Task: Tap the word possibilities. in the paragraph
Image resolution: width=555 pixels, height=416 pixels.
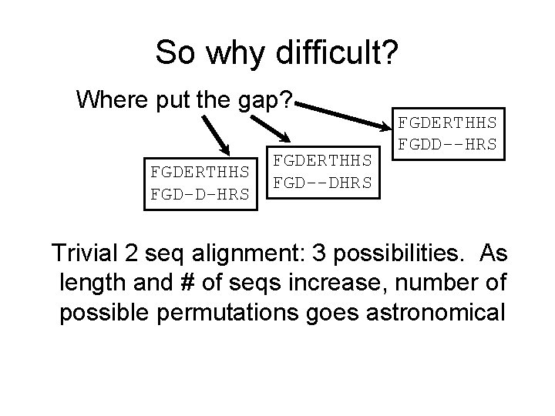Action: point(402,253)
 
